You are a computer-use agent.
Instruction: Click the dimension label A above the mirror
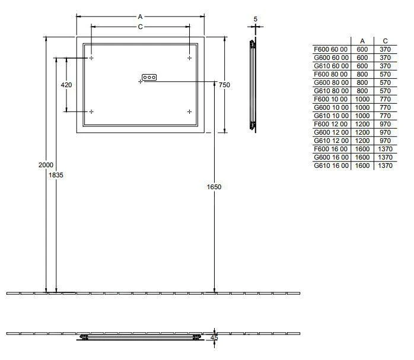click(x=140, y=17)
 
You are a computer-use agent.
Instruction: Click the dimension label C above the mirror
click(x=140, y=27)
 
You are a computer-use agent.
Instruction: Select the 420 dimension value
click(x=66, y=85)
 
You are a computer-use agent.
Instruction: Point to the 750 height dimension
click(x=224, y=85)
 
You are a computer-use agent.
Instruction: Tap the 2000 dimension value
click(x=46, y=164)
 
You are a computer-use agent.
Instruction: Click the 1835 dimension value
click(x=56, y=175)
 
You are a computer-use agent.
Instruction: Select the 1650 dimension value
click(x=214, y=187)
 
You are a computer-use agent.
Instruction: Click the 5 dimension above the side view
click(x=255, y=19)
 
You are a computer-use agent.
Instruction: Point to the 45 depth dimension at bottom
click(x=214, y=338)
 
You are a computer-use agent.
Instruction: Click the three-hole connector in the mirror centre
click(x=149, y=77)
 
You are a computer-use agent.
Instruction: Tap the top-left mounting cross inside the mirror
click(x=91, y=58)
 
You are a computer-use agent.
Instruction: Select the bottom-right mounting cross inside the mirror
click(x=189, y=111)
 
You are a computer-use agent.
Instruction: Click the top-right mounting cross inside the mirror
click(x=189, y=58)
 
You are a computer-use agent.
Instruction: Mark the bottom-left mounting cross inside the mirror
click(x=91, y=111)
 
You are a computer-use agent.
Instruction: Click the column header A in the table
click(x=362, y=41)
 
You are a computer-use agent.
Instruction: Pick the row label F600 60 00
click(x=331, y=49)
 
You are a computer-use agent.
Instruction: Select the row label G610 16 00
click(x=331, y=166)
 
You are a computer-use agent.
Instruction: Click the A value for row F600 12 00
click(x=362, y=124)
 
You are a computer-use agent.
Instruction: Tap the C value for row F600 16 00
click(x=385, y=149)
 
